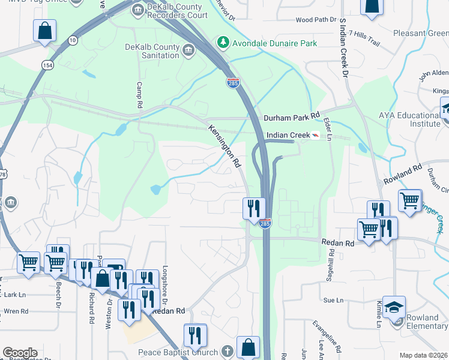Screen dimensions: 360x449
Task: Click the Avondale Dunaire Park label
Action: [276, 43]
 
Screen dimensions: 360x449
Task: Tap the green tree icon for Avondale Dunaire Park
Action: [223, 43]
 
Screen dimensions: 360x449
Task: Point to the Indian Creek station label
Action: [287, 136]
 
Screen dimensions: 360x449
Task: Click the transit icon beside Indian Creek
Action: [315, 136]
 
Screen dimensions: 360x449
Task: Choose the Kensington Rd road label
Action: [224, 146]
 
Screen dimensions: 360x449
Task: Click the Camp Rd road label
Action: [139, 95]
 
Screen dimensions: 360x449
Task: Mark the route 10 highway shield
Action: [72, 40]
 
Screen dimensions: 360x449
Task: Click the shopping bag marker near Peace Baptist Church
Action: [248, 347]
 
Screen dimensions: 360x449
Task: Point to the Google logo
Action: [20, 353]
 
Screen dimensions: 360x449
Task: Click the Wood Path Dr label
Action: [316, 20]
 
